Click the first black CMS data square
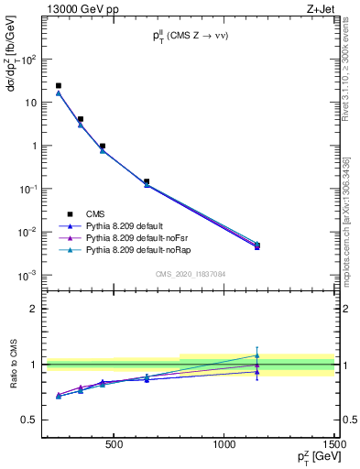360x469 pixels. pyautogui.click(x=59, y=86)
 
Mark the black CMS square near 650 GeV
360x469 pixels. pyautogui.click(x=147, y=181)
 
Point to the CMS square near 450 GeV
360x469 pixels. pyautogui.click(x=103, y=146)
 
